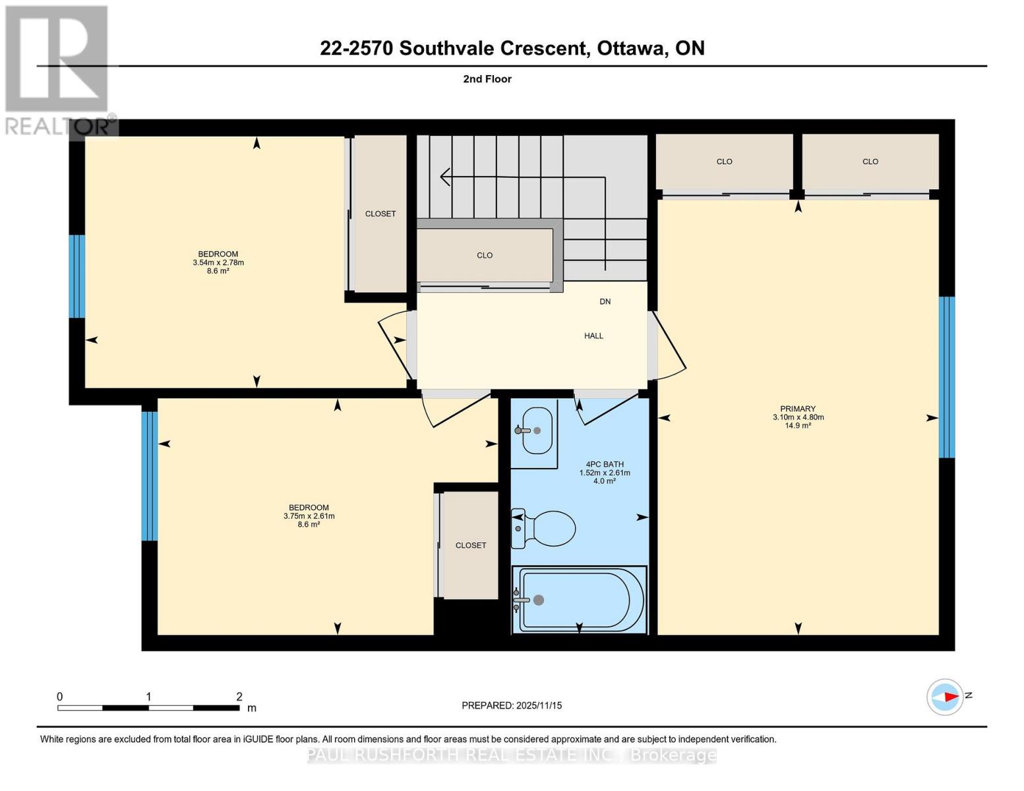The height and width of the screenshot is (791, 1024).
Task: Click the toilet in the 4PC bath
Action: point(545,528)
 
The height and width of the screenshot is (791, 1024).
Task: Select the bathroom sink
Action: point(535,430)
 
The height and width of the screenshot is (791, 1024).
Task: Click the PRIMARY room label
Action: point(798,409)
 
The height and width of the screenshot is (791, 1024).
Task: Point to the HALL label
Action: point(593,336)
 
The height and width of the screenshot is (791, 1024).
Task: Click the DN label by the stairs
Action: point(605,301)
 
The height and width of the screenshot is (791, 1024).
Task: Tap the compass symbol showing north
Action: point(946,697)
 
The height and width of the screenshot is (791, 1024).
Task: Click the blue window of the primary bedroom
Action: point(946,377)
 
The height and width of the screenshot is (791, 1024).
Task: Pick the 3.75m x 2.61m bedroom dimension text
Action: point(309,516)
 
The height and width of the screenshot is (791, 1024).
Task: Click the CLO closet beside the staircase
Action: point(485,255)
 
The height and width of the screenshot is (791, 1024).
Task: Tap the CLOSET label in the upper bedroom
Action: point(380,214)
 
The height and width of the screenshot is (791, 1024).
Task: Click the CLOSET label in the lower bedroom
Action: point(471,545)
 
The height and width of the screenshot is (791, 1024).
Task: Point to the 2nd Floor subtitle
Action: point(487,79)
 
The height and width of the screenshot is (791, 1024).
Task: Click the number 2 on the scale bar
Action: point(239,697)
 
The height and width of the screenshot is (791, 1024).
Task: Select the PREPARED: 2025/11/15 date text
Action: point(512,705)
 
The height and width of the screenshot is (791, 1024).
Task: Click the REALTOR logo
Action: point(57,69)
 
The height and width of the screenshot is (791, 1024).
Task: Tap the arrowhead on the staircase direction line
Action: point(445,177)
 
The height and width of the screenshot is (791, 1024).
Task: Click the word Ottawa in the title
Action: point(632,48)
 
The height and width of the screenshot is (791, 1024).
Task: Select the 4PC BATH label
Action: point(605,464)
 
